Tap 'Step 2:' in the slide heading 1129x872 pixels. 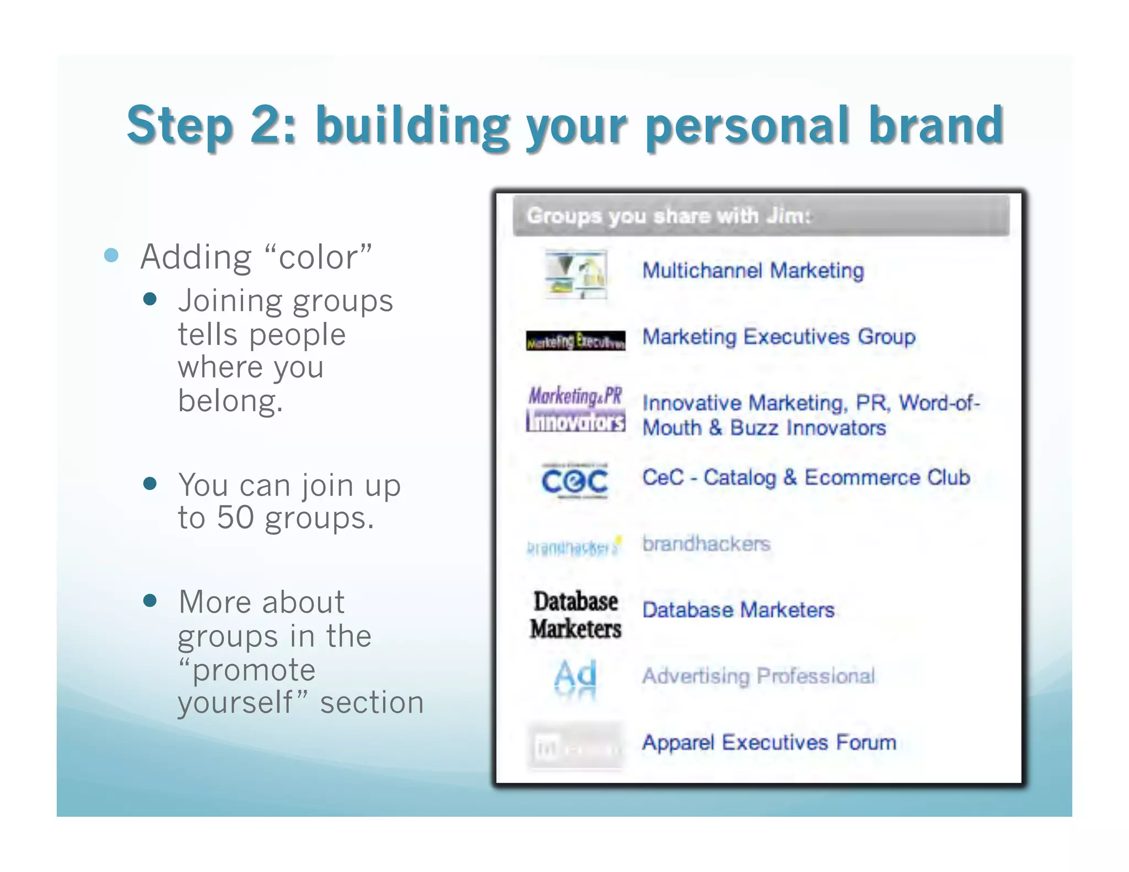pos(211,126)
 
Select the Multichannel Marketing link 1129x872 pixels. pos(753,271)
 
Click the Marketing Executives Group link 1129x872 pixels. pos(778,337)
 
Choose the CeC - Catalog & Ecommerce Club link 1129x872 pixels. pos(805,477)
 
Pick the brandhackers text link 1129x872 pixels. pos(706,543)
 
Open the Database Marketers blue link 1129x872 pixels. pos(738,610)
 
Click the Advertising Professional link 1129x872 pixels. pos(758,676)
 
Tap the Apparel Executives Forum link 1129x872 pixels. pos(769,742)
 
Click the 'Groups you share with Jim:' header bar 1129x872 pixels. pos(761,216)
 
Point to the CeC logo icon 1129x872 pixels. pos(575,481)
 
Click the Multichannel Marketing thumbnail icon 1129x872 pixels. pos(576,274)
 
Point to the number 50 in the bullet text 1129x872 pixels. pos(235,518)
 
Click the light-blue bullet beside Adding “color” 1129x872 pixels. pos(111,255)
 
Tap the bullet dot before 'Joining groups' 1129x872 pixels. pos(150,299)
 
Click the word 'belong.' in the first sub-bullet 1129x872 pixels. pos(230,401)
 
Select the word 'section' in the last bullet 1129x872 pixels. pos(372,703)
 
